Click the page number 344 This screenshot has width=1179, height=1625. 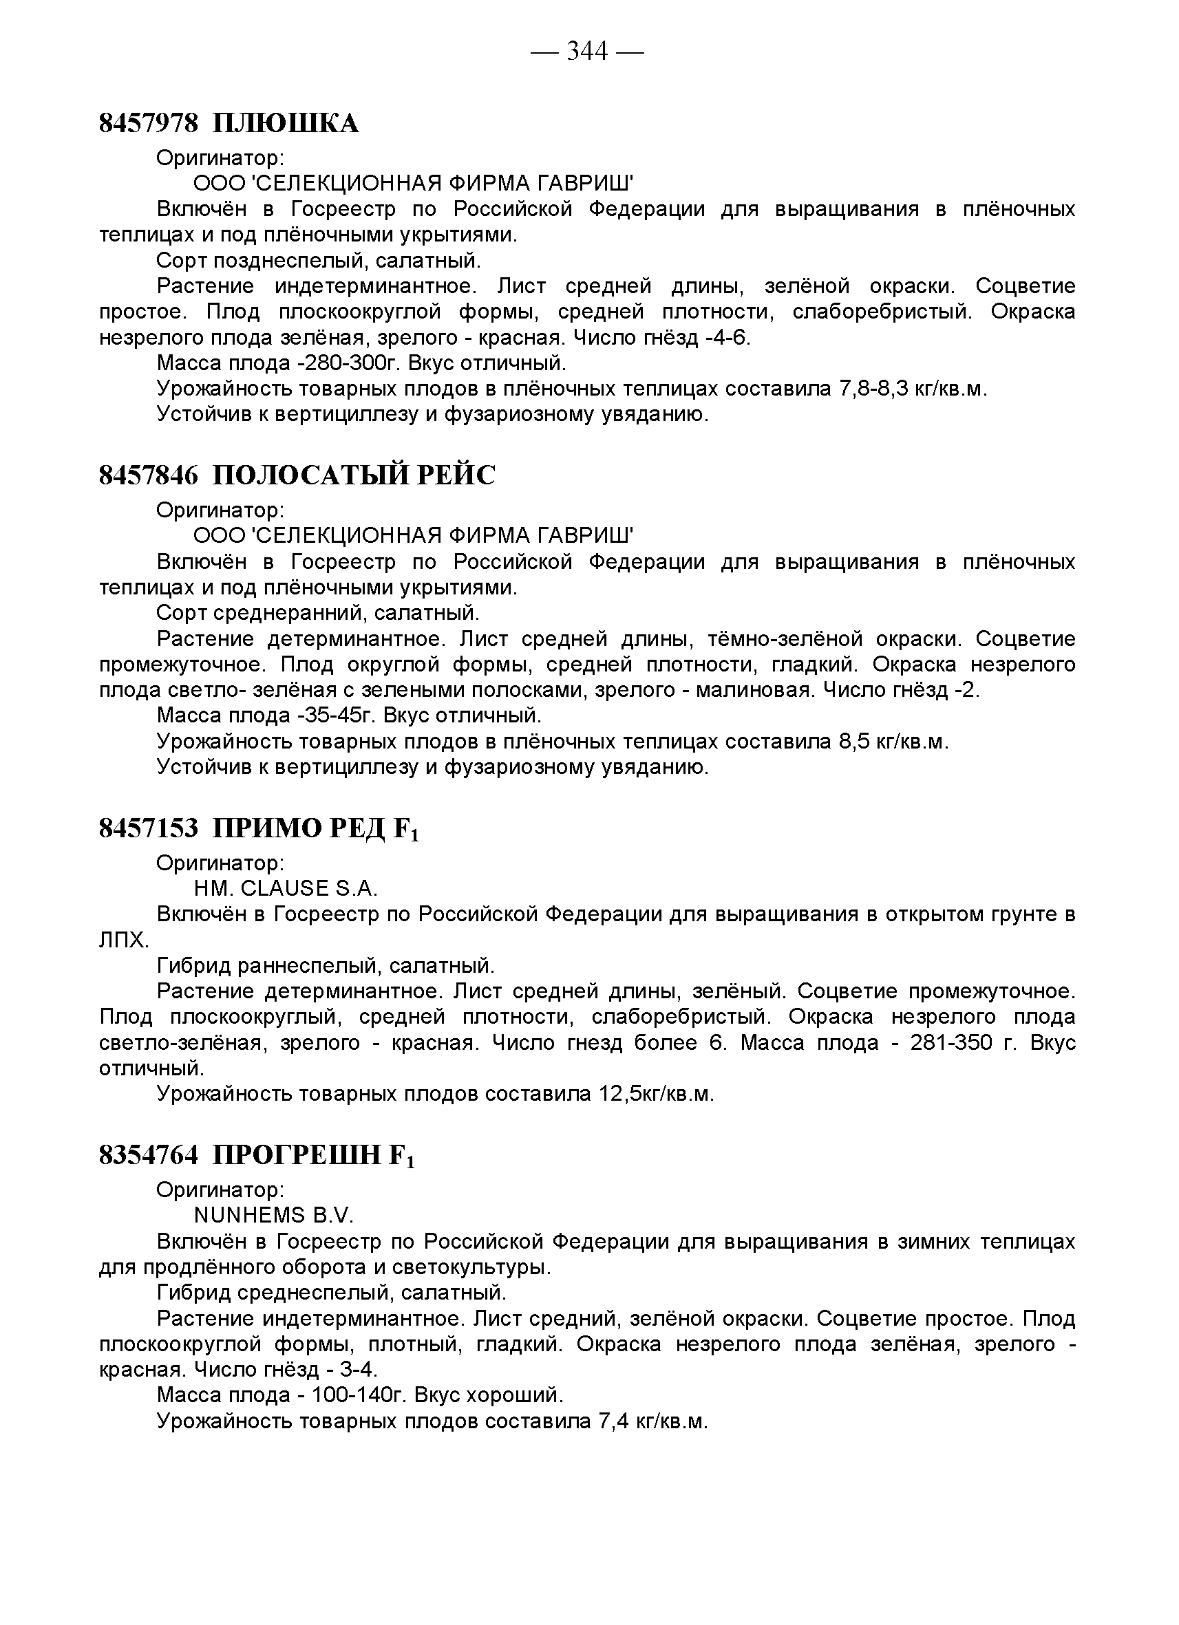point(587,52)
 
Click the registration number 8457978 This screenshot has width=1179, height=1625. point(148,123)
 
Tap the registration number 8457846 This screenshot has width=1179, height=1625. point(148,475)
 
